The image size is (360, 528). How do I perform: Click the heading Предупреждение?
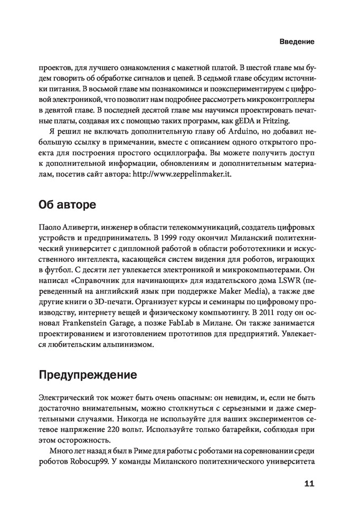coord(88,375)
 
